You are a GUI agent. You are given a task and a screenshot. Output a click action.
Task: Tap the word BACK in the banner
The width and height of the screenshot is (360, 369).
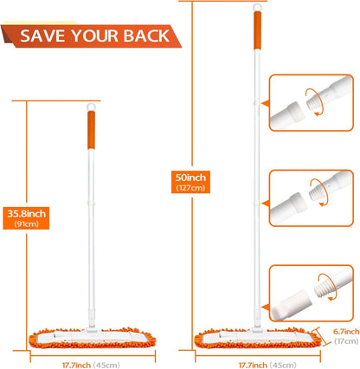tap(147, 36)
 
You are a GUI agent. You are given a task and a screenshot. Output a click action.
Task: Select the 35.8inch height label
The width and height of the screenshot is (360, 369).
tap(27, 214)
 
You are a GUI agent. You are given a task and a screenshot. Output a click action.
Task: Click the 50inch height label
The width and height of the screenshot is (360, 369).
tap(190, 178)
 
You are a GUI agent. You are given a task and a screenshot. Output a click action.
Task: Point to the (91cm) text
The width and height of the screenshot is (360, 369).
tap(27, 224)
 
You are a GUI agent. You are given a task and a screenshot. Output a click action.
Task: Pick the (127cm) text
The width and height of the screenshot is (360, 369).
tap(190, 188)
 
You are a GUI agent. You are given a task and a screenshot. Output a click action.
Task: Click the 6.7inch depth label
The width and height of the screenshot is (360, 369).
tap(346, 332)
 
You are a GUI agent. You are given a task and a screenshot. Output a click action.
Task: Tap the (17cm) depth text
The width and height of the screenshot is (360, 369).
tap(346, 341)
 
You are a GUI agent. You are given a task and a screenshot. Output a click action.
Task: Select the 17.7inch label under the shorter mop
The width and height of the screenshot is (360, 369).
tap(76, 366)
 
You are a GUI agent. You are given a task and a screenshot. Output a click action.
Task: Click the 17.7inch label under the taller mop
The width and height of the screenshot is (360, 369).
tap(253, 366)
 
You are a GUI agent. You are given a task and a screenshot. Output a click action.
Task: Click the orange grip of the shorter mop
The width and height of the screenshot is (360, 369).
tap(91, 130)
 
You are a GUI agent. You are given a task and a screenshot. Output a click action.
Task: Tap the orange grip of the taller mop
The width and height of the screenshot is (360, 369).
tap(258, 30)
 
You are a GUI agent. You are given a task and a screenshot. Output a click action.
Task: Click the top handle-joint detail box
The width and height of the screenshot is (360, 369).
tap(312, 103)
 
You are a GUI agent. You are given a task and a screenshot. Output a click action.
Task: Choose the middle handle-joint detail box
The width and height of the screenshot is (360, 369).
tap(312, 198)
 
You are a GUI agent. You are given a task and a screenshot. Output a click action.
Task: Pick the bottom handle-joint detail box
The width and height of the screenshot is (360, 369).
tap(312, 293)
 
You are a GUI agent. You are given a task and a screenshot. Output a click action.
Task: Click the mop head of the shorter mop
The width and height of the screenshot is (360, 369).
tap(93, 338)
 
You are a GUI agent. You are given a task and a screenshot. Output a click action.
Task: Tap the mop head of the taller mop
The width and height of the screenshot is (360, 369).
tap(258, 338)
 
